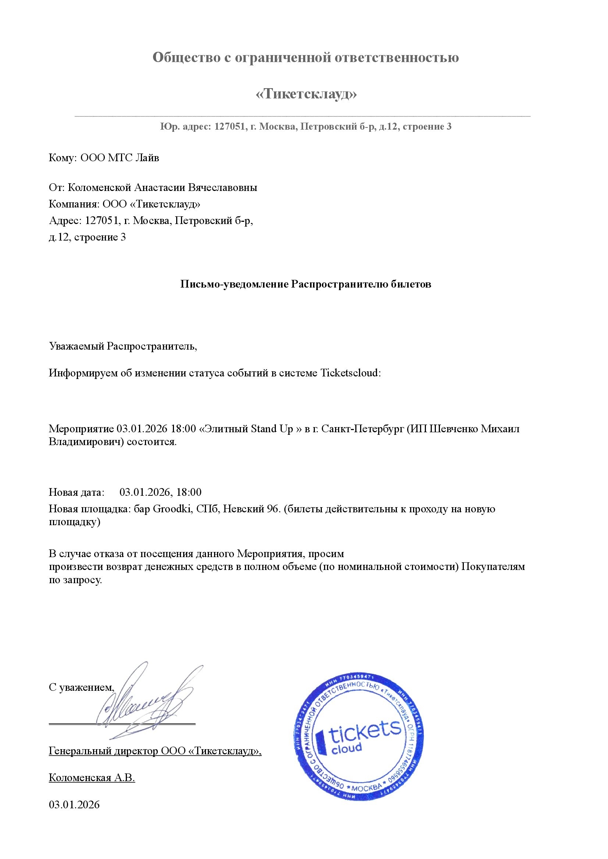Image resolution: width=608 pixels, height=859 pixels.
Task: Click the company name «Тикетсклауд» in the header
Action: coord(306,94)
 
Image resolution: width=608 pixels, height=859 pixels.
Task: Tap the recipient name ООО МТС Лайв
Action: coord(120,158)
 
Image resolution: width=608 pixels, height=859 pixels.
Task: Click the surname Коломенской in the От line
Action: coord(99,187)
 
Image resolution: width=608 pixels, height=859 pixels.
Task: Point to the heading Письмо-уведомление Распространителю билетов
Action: coord(306,284)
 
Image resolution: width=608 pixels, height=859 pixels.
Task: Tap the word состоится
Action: coord(152,442)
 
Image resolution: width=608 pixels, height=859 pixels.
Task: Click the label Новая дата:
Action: coord(77,492)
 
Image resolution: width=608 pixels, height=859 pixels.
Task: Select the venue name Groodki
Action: coord(173,509)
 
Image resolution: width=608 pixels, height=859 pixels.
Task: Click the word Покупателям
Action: coord(493,567)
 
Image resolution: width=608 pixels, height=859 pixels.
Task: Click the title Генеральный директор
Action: coord(104,751)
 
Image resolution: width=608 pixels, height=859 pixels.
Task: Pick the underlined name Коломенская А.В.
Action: coord(92,778)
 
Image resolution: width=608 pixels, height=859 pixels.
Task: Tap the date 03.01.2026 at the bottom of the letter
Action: coord(74,805)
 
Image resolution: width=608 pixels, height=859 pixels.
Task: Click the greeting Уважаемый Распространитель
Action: coord(122,346)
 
